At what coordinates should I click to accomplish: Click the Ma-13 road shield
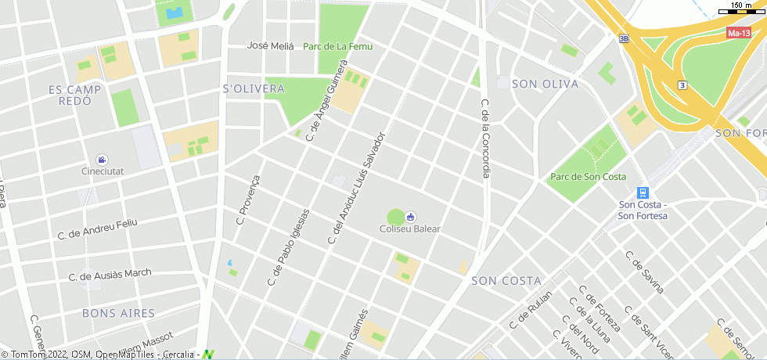(739, 33)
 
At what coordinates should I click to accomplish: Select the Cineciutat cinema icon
(103, 160)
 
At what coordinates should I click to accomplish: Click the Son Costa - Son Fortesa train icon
(643, 193)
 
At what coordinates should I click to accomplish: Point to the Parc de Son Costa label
(588, 177)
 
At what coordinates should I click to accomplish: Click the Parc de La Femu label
(338, 46)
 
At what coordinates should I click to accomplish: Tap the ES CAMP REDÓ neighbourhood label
(75, 95)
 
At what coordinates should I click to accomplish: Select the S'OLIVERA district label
(254, 88)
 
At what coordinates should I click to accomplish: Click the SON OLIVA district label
(545, 84)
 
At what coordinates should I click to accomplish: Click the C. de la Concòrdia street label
(485, 139)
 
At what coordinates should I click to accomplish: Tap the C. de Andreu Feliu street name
(98, 229)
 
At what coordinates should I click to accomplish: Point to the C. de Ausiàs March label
(110, 275)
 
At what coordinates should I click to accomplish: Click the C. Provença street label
(247, 200)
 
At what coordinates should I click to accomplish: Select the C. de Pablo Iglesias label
(289, 247)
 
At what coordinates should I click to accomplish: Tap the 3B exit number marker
(623, 38)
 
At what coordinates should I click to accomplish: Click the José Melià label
(270, 46)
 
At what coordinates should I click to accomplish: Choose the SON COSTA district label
(506, 280)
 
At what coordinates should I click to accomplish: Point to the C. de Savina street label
(644, 272)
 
